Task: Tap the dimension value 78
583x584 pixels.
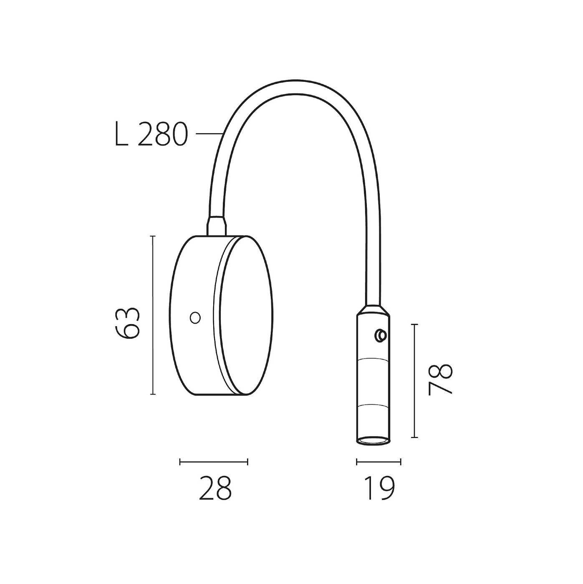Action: [x=440, y=380]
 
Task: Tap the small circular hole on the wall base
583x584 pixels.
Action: [x=195, y=317]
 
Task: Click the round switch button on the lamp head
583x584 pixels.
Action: [x=380, y=335]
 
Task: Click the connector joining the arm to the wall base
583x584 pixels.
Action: [x=217, y=226]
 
